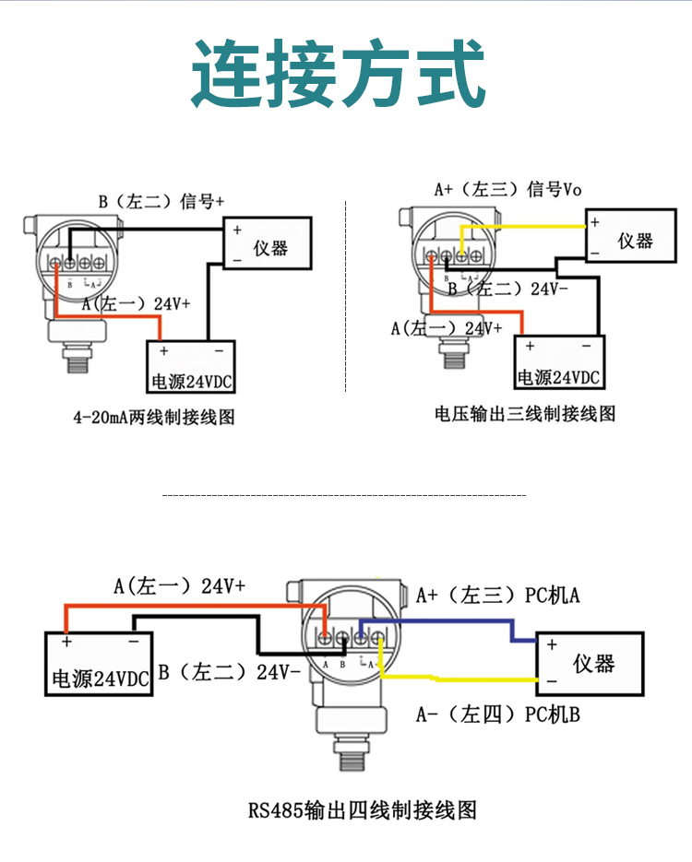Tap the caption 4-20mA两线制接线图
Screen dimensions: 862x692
(154, 418)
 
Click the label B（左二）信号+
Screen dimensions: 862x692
(161, 200)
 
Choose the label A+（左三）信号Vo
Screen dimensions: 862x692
(507, 190)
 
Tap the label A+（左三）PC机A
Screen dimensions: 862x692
(497, 596)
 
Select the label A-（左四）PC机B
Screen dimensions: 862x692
(497, 714)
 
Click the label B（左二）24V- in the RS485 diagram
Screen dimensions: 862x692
(229, 672)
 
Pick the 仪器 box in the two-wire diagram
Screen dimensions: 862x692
(268, 243)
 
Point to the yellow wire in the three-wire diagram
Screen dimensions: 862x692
(526, 227)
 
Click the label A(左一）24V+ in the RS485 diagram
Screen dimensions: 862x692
(179, 585)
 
